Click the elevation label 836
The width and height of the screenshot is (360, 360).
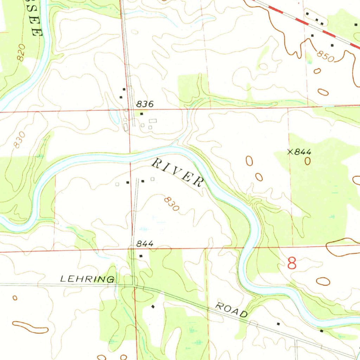click(145, 104)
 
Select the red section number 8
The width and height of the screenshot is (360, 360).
click(292, 263)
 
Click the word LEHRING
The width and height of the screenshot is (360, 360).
click(87, 279)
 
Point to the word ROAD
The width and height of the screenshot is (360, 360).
click(232, 310)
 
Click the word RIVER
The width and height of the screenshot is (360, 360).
click(178, 172)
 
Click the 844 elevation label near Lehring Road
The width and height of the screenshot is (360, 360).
click(144, 244)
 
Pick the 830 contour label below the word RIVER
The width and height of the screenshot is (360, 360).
click(172, 204)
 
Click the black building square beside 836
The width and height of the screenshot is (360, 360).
click(142, 114)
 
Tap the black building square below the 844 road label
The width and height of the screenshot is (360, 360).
click(141, 256)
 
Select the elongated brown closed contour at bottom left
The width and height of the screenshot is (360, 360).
click(30, 327)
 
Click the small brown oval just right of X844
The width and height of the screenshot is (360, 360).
click(308, 161)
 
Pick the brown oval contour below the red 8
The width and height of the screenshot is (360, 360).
click(323, 281)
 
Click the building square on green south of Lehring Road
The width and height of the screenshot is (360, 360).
click(153, 307)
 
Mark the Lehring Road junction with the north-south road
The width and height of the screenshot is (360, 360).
click(134, 285)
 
